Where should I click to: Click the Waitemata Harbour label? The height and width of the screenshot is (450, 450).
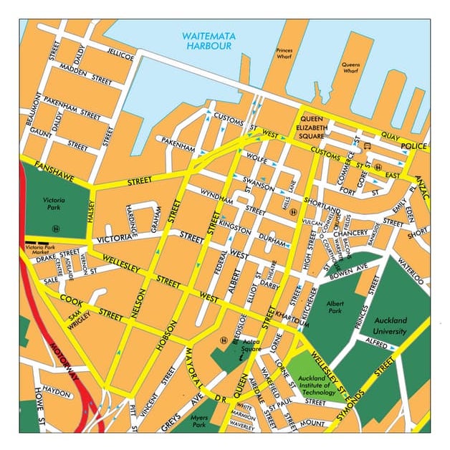(x=208, y=40)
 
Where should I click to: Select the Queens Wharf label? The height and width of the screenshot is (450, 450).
(x=350, y=68)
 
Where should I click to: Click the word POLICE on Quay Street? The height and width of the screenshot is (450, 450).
(x=413, y=146)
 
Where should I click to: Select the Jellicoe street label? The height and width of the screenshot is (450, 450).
(x=120, y=54)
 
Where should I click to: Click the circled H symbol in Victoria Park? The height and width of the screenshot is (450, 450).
(x=54, y=229)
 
